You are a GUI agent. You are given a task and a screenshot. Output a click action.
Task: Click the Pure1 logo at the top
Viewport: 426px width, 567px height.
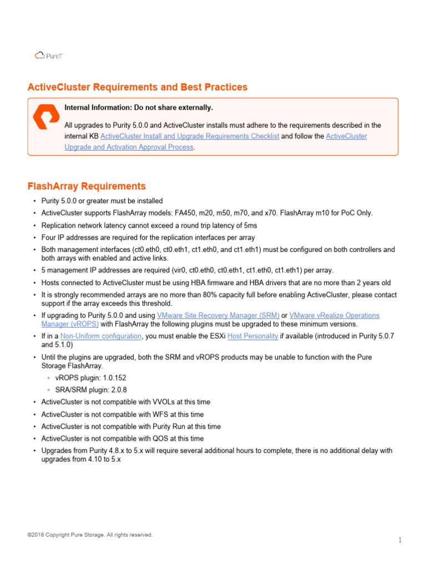(49, 55)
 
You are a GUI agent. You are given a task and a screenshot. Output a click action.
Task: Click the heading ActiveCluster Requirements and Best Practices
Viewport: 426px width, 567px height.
(138, 87)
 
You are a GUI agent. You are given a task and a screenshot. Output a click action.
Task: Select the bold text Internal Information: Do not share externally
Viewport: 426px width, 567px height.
(139, 107)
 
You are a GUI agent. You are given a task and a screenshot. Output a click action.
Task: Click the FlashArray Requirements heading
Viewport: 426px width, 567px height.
(87, 186)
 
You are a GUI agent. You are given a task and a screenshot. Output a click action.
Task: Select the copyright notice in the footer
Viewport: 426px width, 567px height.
(90, 535)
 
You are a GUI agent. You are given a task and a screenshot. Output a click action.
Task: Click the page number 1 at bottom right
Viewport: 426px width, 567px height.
(399, 540)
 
